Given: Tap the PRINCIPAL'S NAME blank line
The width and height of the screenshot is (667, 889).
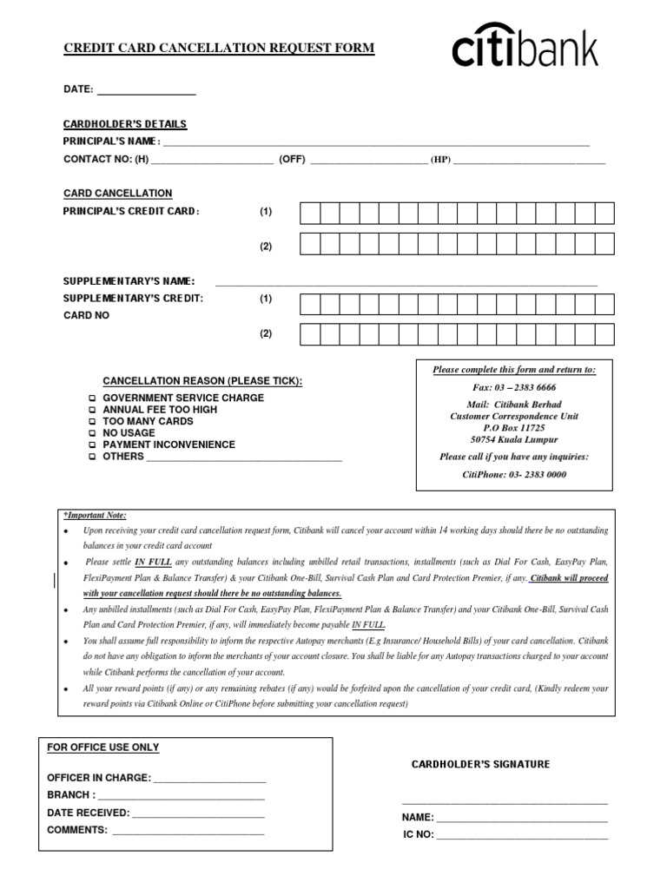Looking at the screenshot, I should [x=375, y=143].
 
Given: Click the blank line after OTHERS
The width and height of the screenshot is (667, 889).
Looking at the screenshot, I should [x=244, y=458].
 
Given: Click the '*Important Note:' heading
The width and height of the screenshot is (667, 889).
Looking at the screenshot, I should [x=94, y=515].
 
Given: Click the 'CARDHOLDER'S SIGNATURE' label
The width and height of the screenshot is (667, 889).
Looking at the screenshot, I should [x=480, y=764].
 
